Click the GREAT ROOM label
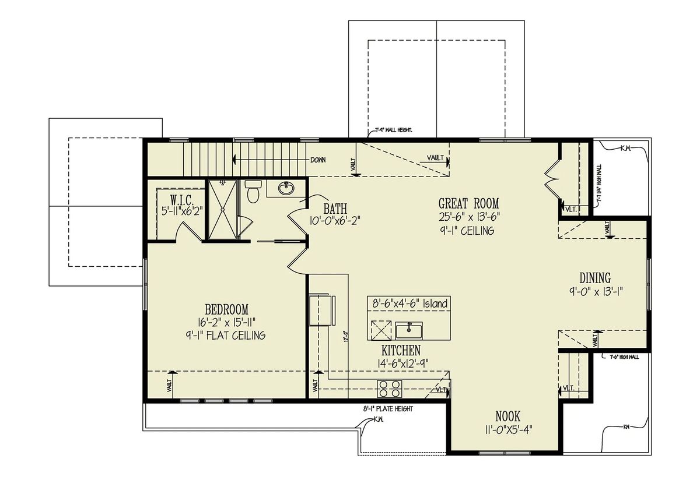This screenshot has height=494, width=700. [x=469, y=203]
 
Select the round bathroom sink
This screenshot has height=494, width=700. [x=285, y=189]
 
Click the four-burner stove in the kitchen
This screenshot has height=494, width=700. [x=390, y=387]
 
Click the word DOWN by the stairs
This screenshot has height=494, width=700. [x=318, y=159]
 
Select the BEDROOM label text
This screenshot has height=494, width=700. [x=226, y=309]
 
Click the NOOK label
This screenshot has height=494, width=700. [x=508, y=417]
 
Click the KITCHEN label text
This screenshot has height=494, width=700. [x=401, y=351]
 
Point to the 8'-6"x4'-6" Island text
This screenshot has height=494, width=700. [x=409, y=304]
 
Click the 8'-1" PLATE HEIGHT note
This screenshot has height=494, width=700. [x=388, y=409]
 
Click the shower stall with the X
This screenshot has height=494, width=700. [x=222, y=209]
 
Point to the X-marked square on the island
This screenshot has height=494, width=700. [x=380, y=330]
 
